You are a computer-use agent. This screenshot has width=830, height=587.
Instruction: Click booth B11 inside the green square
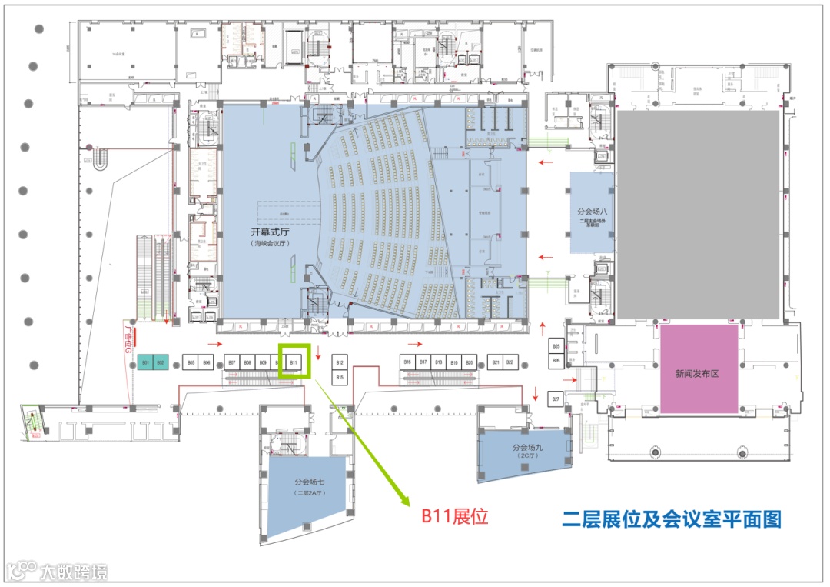pyautogui.click(x=294, y=362)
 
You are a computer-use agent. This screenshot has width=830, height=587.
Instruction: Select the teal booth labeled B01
pyautogui.click(x=144, y=362)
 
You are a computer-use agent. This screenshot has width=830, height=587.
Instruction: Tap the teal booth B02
pyautogui.click(x=161, y=362)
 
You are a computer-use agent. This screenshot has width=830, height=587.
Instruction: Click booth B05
pyautogui.click(x=191, y=362)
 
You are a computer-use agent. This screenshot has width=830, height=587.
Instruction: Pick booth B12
pyautogui.click(x=340, y=362)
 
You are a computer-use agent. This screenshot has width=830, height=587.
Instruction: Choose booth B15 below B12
pyautogui.click(x=340, y=377)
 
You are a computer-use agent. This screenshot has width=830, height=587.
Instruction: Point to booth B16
pyautogui.click(x=407, y=362)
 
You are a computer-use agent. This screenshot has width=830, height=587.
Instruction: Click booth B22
pyautogui.click(x=509, y=362)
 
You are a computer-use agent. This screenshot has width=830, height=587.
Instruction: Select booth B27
pyautogui.click(x=556, y=399)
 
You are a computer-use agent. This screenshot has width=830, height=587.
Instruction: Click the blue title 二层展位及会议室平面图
pyautogui.click(x=671, y=519)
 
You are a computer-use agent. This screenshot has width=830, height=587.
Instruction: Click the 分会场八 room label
pyautogui.click(x=592, y=209)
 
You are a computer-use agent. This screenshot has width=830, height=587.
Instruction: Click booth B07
pyautogui.click(x=231, y=362)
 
